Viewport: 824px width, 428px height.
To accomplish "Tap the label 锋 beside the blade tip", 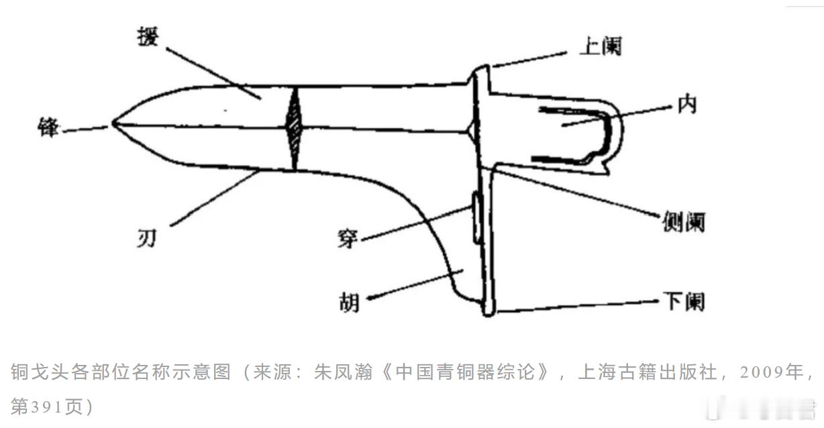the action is click(x=49, y=126).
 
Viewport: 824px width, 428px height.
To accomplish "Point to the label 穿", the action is click(x=348, y=237).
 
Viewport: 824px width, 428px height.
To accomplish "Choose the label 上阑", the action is click(x=601, y=46).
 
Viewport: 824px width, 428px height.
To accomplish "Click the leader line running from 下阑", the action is click(x=577, y=305).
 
